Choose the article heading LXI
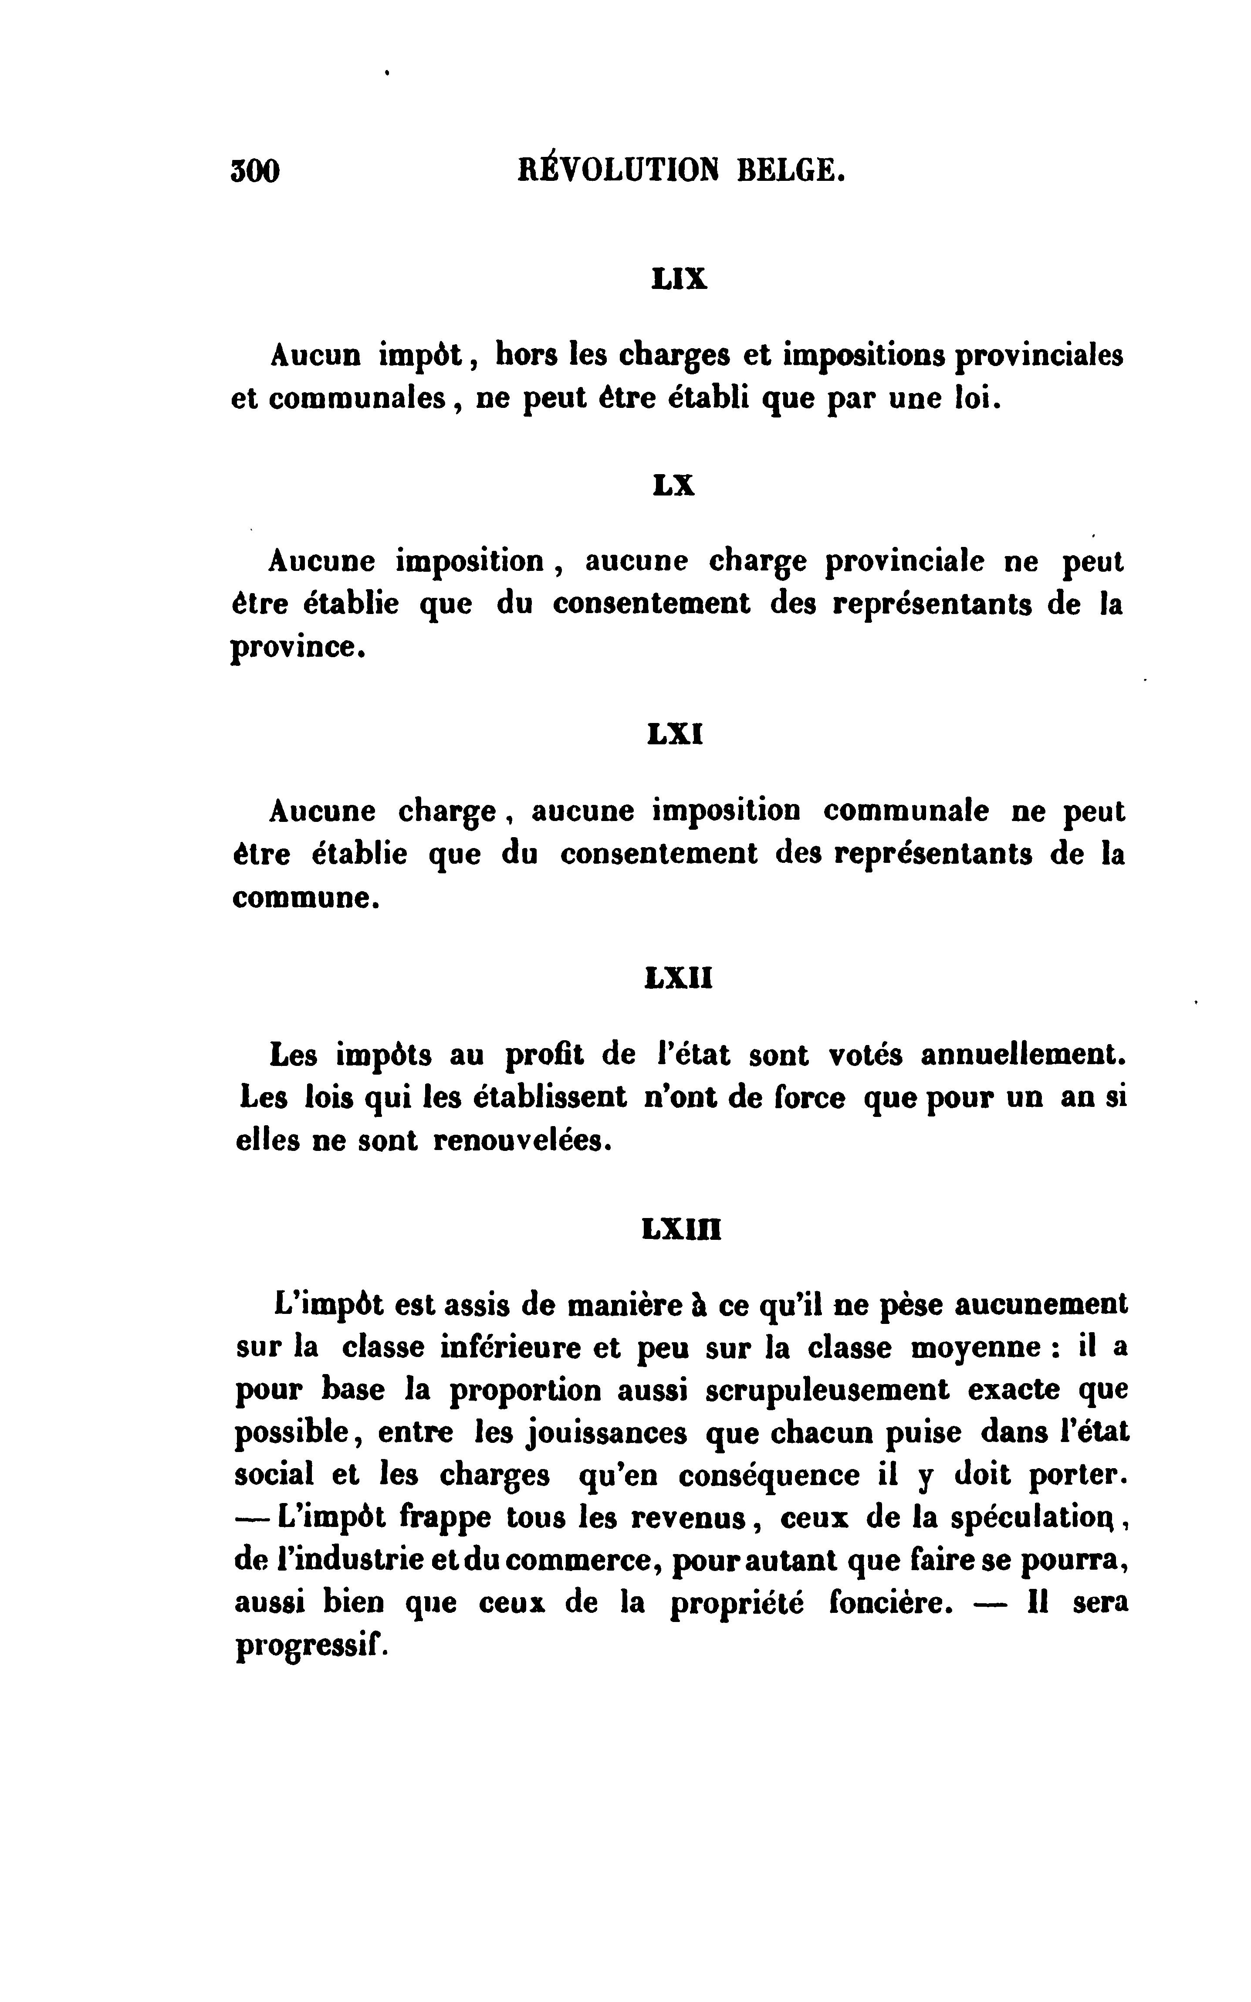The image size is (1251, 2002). pos(675,734)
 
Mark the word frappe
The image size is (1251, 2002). pos(445,1519)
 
